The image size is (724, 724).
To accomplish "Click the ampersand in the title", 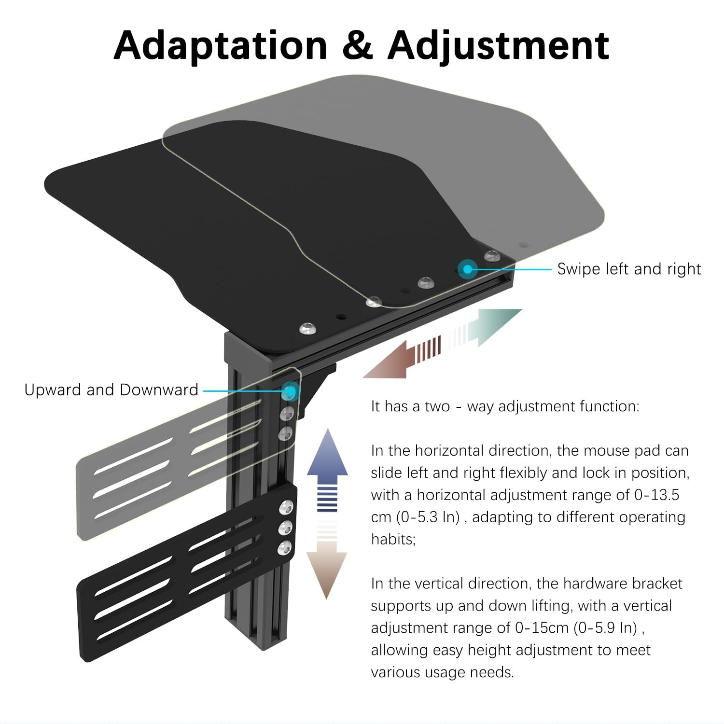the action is pos(357,45).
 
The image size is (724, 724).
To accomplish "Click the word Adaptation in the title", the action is pos(221,45).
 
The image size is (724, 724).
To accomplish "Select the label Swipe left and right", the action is pos(629,269).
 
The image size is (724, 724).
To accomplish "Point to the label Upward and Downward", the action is pos(111,390).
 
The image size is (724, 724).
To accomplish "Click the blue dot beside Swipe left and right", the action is pos(467,269).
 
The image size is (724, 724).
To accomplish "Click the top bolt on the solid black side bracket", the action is pos(286,508).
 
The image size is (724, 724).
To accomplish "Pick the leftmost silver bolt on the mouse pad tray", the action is pos(307,329).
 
